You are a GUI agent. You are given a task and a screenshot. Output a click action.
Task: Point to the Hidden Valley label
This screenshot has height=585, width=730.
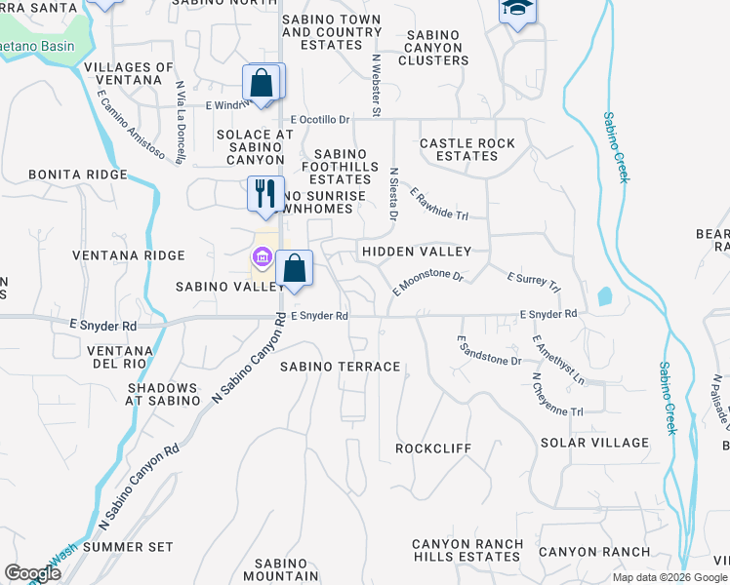click(417, 252)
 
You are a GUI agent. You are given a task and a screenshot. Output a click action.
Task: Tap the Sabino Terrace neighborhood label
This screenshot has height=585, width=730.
click(340, 367)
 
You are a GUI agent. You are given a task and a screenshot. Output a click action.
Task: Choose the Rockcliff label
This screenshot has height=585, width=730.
click(432, 448)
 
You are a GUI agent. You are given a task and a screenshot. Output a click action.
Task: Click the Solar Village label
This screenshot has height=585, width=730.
click(594, 443)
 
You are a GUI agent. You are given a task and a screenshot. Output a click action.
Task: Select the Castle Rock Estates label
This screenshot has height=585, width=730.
click(466, 150)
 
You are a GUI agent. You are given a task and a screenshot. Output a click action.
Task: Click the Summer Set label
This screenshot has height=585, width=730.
click(127, 547)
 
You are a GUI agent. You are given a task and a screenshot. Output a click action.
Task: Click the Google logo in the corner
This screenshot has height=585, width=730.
click(32, 573)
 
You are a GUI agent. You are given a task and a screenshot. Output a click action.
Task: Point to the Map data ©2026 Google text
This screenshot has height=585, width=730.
click(670, 577)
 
